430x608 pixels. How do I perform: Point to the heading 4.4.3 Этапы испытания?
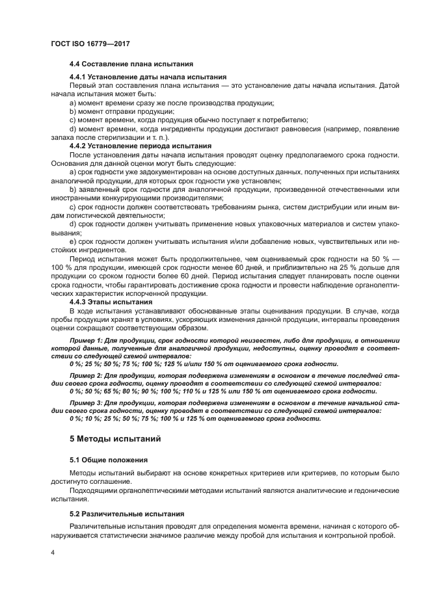pos(111,302)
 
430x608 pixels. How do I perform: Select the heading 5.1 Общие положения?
pos(108,460)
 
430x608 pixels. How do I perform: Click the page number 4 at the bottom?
pos(52,551)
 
